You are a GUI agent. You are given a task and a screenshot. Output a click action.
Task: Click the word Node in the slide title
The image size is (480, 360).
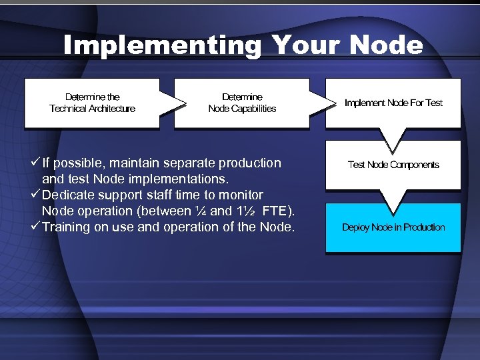tap(385, 45)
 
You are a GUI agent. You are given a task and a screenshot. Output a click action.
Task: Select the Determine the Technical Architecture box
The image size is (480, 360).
tap(92, 103)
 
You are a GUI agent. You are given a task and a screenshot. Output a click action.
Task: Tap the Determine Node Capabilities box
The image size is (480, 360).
tap(241, 103)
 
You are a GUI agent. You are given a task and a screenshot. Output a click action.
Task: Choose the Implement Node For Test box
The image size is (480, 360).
tap(393, 103)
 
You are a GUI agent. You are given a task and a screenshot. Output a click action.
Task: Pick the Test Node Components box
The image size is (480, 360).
tap(393, 165)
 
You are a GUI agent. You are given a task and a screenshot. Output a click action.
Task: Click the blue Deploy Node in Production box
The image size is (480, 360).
tap(393, 227)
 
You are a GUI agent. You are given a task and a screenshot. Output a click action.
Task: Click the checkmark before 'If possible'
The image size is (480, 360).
tap(35, 163)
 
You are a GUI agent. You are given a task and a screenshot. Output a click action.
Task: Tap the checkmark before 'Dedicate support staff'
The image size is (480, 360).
tap(35, 195)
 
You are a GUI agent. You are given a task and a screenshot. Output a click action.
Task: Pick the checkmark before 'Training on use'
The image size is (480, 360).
tap(35, 227)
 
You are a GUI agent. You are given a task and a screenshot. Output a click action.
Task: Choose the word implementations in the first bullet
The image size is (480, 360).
tap(177, 179)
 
